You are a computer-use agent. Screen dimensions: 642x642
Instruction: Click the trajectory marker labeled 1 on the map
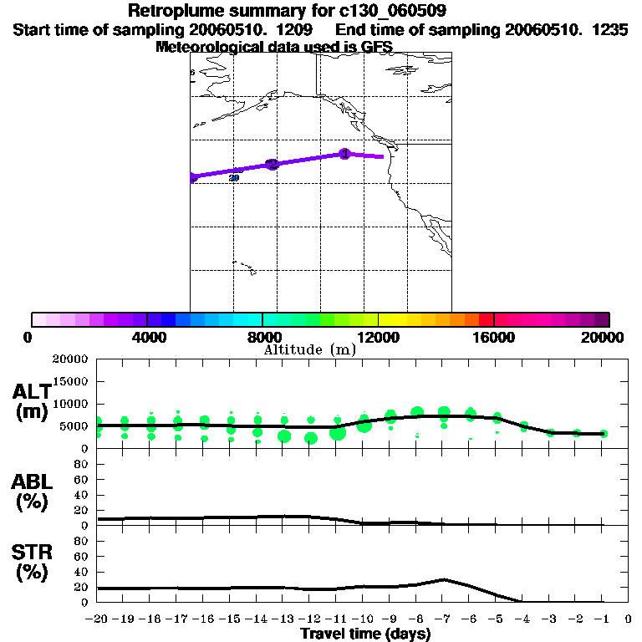344,154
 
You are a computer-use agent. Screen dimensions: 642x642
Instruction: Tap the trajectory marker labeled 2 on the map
271,164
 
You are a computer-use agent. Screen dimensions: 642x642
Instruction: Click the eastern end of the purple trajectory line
383,156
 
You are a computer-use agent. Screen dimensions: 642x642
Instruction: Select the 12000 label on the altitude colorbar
378,337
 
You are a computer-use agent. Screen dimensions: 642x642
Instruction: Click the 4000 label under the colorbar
147,337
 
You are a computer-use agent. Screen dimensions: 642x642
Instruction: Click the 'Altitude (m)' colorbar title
309,349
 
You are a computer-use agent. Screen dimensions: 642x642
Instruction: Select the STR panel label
33,562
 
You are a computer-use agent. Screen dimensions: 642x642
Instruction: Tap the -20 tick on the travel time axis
97,619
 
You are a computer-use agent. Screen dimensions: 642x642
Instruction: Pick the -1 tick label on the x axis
602,619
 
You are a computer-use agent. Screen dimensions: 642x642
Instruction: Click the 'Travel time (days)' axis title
365,634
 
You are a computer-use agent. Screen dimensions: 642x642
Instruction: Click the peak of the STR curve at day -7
444,579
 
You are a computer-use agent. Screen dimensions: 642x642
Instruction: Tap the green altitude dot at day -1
604,434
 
